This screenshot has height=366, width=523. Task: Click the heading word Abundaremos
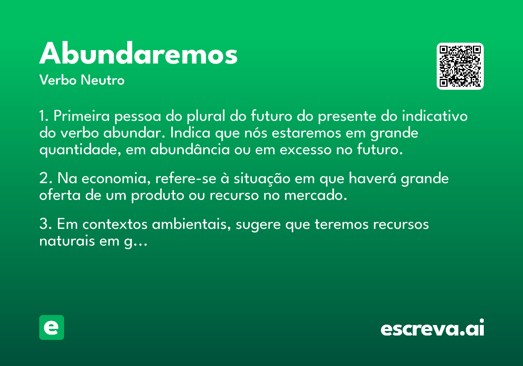tap(138, 53)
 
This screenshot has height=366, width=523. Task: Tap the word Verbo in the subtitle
tap(58, 80)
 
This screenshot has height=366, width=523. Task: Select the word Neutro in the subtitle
tap(102, 80)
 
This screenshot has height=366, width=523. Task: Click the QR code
tap(460, 66)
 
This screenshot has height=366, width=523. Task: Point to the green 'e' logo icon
tap(51, 327)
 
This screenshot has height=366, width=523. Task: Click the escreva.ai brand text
tap(432, 328)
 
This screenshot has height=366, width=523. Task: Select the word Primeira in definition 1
tap(82, 116)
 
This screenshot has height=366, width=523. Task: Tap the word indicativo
tap(435, 116)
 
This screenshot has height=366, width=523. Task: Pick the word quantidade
tap(80, 150)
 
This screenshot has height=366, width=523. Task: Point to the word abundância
tap(190, 149)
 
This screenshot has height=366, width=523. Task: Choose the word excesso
tap(306, 150)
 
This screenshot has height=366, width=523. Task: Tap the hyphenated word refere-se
tap(186, 178)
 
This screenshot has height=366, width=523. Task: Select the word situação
tap(262, 179)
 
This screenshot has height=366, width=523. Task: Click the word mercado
tap(316, 195)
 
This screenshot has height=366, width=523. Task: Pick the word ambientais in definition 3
tap(191, 224)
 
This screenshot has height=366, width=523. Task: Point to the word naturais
tap(67, 241)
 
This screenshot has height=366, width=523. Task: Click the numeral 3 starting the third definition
tap(44, 224)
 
